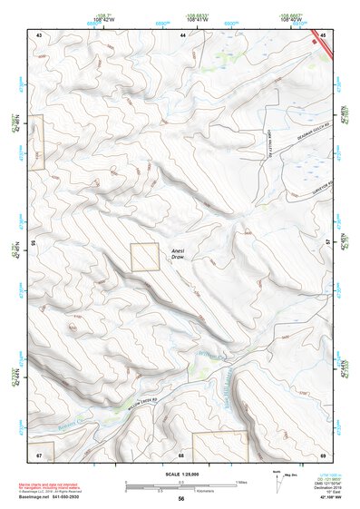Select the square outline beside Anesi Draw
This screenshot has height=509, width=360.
(x=144, y=257)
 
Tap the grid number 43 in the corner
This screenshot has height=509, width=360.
(x=39, y=34)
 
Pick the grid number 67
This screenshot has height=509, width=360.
(x=39, y=454)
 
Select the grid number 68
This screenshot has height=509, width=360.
(x=181, y=454)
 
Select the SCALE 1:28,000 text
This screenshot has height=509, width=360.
(x=180, y=475)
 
